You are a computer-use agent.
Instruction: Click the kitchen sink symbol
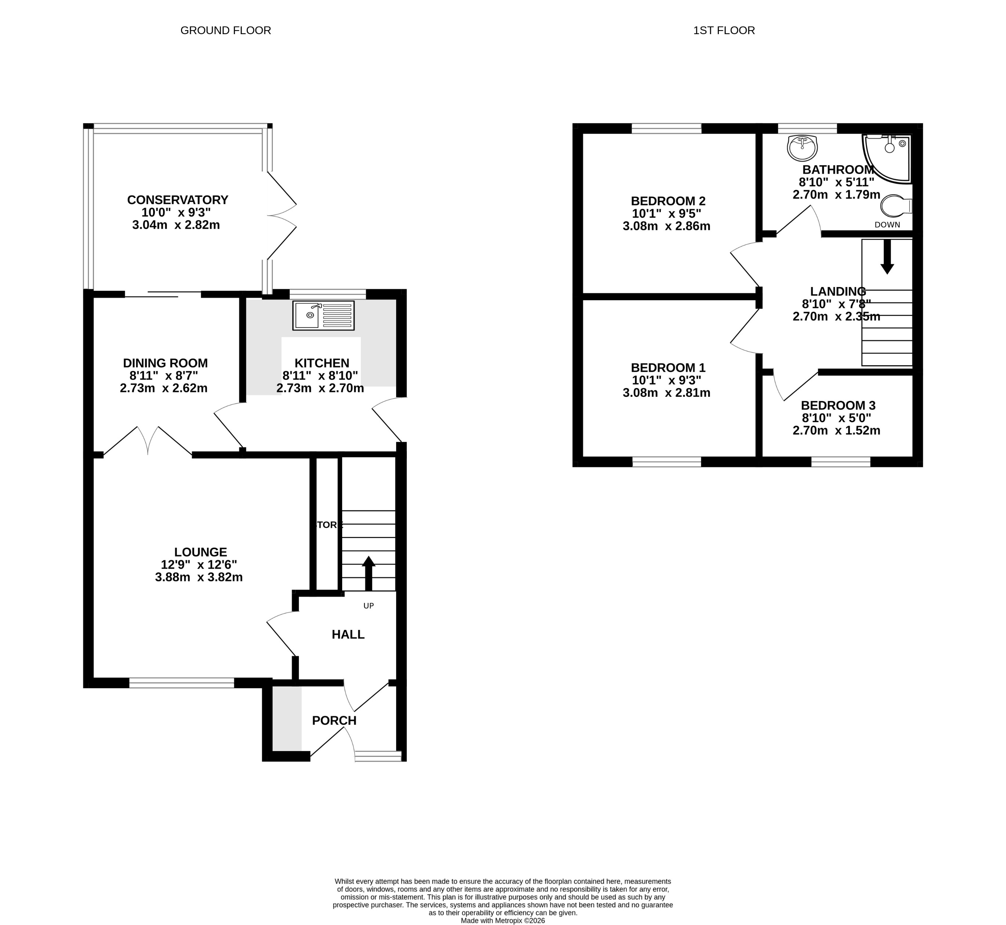[323, 315]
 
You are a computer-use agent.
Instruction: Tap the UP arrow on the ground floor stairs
[369, 573]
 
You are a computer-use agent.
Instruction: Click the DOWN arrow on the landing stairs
[887, 256]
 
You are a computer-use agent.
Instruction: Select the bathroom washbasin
[802, 148]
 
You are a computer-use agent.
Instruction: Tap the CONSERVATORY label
[177, 200]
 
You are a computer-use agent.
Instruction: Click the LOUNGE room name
[200, 552]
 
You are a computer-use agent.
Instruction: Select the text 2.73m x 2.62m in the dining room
[163, 388]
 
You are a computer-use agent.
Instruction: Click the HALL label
[348, 635]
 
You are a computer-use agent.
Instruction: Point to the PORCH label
[334, 721]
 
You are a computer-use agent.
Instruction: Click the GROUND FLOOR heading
[225, 30]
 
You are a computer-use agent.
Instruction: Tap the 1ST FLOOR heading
[724, 30]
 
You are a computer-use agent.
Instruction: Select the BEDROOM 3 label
[838, 406]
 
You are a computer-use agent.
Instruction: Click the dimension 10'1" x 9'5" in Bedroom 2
[666, 214]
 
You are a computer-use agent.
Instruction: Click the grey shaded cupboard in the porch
[287, 718]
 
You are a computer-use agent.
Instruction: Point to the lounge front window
[181, 683]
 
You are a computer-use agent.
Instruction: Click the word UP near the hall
[369, 606]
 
